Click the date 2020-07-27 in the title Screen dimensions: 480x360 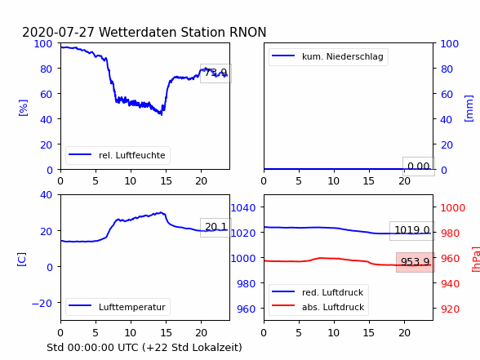(58, 32)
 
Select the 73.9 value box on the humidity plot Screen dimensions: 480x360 (216, 73)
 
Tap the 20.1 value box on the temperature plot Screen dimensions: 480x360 (216, 228)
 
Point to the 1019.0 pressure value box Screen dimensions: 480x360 (412, 230)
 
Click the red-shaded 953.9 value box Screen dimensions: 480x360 (416, 262)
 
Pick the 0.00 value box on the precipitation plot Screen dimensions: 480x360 (419, 167)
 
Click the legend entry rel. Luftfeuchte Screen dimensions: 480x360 (118, 155)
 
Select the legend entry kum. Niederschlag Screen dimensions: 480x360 (328, 56)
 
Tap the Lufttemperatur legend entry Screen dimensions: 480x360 (118, 307)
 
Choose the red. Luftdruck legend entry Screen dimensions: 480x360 (318, 292)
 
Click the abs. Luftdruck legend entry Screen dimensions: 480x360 (318, 307)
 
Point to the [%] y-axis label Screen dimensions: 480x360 (23, 108)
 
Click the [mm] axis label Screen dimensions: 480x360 (469, 109)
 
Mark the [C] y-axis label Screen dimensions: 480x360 (22, 260)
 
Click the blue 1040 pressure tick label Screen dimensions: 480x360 (243, 208)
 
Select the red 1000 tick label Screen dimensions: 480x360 (453, 208)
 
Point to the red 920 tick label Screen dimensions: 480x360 (450, 309)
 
